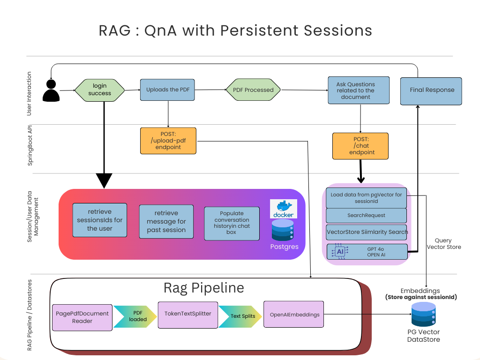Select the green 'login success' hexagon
pyautogui.click(x=100, y=90)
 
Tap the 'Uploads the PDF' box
pyautogui.click(x=167, y=90)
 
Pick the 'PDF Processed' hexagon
pyautogui.click(x=253, y=90)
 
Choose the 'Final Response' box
pyautogui.click(x=431, y=90)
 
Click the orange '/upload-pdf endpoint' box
pyautogui.click(x=168, y=141)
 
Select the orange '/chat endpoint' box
pyautogui.click(x=360, y=146)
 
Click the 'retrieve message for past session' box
pyautogui.click(x=166, y=222)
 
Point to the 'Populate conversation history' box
pyautogui.click(x=232, y=223)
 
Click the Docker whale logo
pyautogui.click(x=284, y=209)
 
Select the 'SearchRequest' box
pyautogui.click(x=366, y=216)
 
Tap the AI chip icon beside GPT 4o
pyautogui.click(x=340, y=252)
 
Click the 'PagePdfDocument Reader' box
pyautogui.click(x=82, y=317)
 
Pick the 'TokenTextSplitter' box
pyautogui.click(x=188, y=315)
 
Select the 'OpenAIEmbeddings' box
pyautogui.click(x=294, y=315)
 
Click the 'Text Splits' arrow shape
pyautogui.click(x=240, y=316)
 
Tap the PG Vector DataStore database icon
pyautogui.click(x=423, y=315)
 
